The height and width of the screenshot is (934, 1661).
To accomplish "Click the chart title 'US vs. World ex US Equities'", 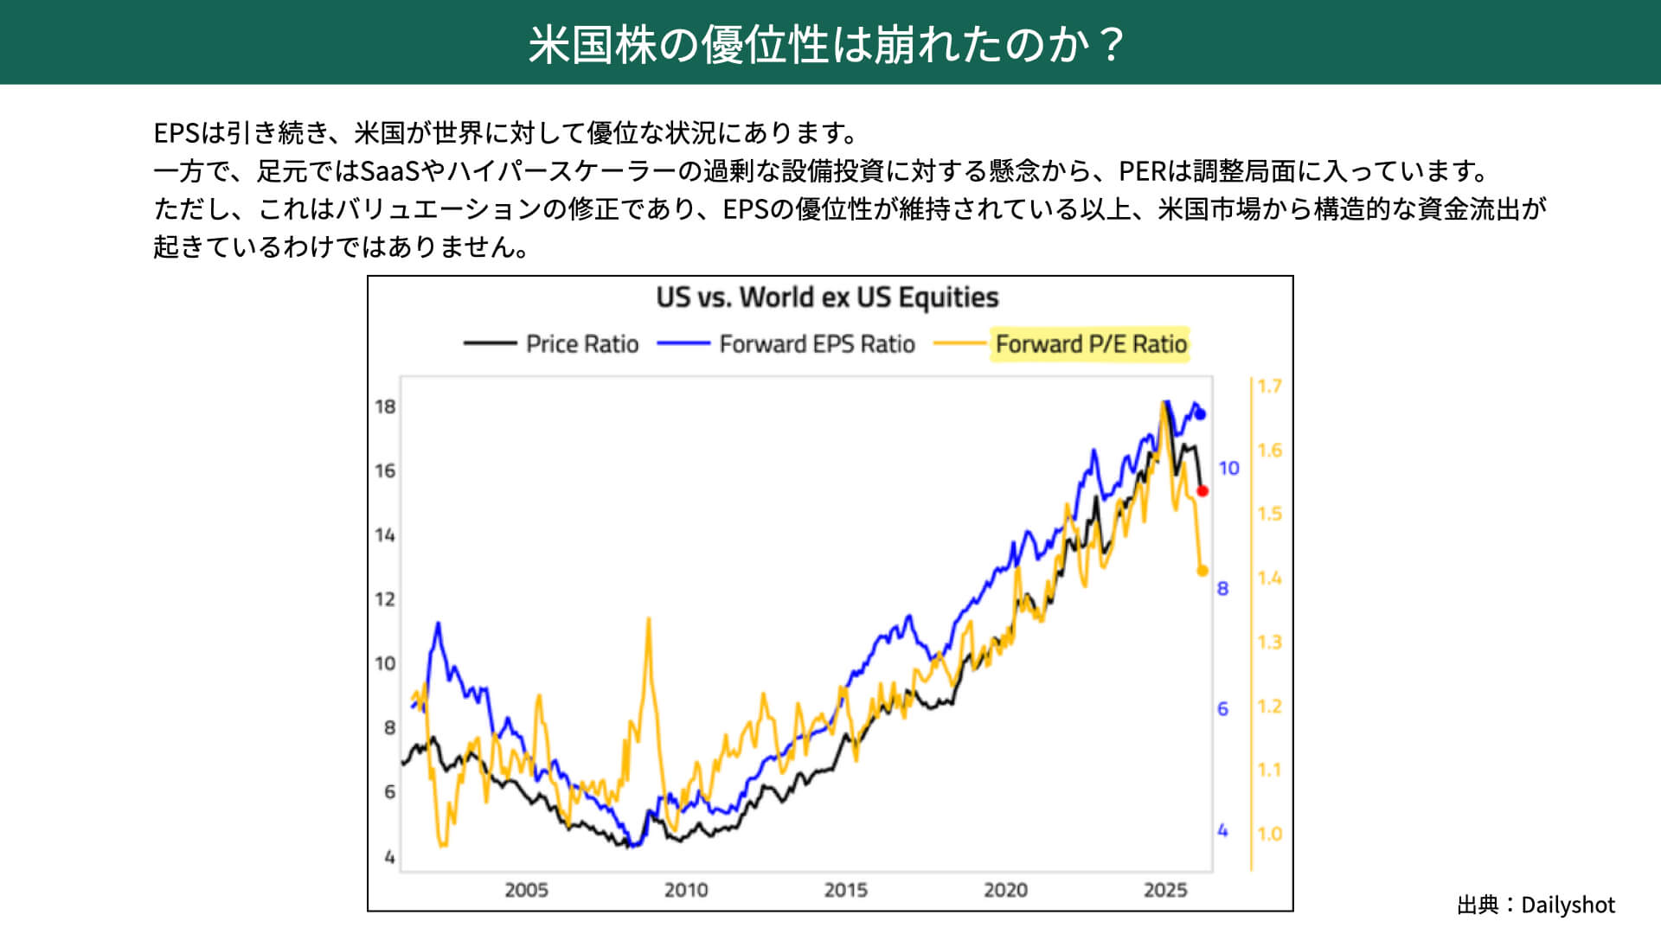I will pyautogui.click(x=827, y=297).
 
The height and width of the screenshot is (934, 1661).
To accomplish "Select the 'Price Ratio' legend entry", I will pyautogui.click(x=581, y=344).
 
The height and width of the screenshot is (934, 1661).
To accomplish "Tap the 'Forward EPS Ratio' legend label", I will pyautogui.click(x=817, y=344).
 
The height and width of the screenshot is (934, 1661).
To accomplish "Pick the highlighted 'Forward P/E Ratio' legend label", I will pyautogui.click(x=1090, y=344).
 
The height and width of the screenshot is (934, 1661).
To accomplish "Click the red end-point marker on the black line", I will pyautogui.click(x=1202, y=491).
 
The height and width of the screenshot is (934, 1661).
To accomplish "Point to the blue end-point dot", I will pyautogui.click(x=1200, y=414).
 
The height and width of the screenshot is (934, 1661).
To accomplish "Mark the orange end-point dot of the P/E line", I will pyautogui.click(x=1202, y=571).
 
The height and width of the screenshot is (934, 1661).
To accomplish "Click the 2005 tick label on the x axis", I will pyautogui.click(x=526, y=890).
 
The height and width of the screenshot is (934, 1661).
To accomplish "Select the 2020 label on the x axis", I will pyautogui.click(x=1005, y=890).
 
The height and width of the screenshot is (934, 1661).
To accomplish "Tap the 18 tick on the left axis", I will pyautogui.click(x=385, y=406).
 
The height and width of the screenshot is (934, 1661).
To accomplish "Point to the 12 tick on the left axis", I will pyautogui.click(x=385, y=599).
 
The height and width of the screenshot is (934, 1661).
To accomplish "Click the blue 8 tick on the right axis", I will pyautogui.click(x=1222, y=589).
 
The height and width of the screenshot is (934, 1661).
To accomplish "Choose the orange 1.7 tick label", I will pyautogui.click(x=1269, y=387).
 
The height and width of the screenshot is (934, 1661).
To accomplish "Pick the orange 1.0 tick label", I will pyautogui.click(x=1269, y=835).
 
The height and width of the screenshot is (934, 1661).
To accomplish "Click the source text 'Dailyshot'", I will pyautogui.click(x=1568, y=905).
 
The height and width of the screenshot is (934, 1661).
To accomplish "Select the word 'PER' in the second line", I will pyautogui.click(x=1142, y=171).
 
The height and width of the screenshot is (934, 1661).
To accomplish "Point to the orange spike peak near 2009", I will pyautogui.click(x=648, y=619).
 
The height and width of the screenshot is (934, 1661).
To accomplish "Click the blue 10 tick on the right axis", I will pyautogui.click(x=1228, y=469).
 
